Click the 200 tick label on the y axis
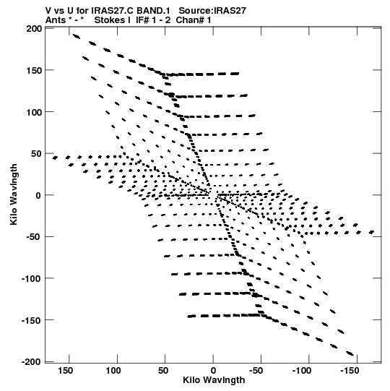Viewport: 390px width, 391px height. pyautogui.click(x=34, y=29)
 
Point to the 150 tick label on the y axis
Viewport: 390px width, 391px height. pyautogui.click(x=34, y=71)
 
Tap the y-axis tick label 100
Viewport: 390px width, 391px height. pyautogui.click(x=34, y=112)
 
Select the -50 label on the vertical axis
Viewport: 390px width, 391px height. pyautogui.click(x=33, y=237)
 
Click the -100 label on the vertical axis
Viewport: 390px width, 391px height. pyautogui.click(x=31, y=278)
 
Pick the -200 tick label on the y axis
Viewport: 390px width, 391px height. pyautogui.click(x=31, y=362)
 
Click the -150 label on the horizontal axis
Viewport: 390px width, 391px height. pyautogui.click(x=350, y=371)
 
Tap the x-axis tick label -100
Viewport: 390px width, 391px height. pyautogui.click(x=302, y=371)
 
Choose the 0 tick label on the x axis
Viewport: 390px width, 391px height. pyautogui.click(x=213, y=371)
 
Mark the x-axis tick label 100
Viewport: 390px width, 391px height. pyautogui.click(x=113, y=371)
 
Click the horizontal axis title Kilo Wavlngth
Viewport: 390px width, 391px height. pyautogui.click(x=214, y=380)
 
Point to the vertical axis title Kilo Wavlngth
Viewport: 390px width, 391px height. pyautogui.click(x=14, y=194)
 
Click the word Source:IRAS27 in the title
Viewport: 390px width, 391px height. pyautogui.click(x=212, y=11)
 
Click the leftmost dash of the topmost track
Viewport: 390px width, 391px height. pyautogui.click(x=77, y=37)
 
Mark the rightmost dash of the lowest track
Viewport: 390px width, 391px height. pyautogui.click(x=350, y=353)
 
